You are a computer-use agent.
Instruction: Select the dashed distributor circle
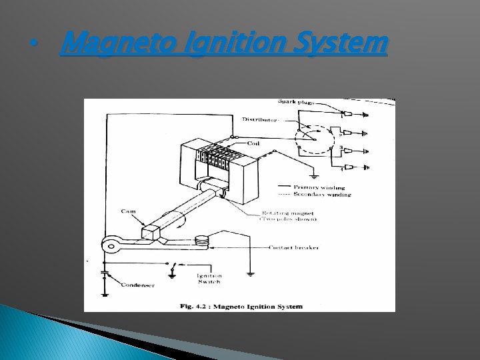pyautogui.click(x=314, y=141)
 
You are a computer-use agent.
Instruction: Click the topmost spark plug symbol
pyautogui.click(x=363, y=114)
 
